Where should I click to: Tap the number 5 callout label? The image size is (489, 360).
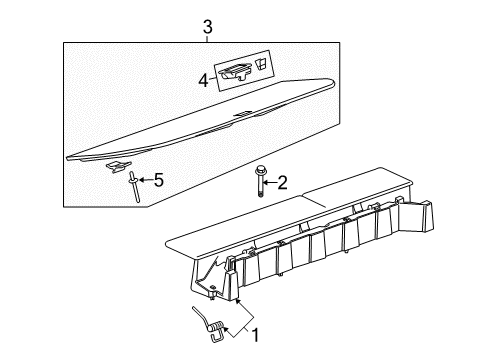[x=156, y=180]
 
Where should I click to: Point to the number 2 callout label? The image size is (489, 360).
[x=282, y=181]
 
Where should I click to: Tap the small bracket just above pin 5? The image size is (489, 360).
[x=118, y=164]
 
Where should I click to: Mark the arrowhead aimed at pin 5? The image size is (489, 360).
[x=139, y=180]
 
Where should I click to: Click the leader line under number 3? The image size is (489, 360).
[x=208, y=39]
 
